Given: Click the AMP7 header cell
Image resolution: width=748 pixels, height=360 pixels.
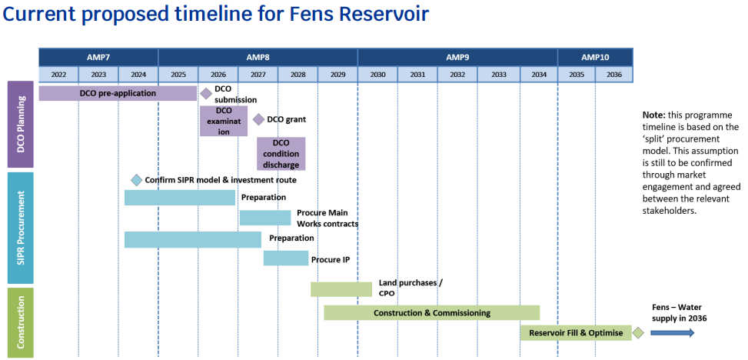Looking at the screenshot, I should [98, 57].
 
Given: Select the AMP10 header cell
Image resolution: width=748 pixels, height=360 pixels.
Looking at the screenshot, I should [595, 57].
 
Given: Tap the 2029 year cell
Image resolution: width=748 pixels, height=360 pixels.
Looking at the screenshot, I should [337, 75].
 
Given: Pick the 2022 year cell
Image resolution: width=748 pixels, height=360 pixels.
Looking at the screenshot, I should [58, 75].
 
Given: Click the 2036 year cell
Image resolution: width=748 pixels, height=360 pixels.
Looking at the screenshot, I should [613, 75].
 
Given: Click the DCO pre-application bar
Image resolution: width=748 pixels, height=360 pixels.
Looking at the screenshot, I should [118, 93].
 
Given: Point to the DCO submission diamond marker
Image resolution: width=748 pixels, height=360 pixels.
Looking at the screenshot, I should [206, 93].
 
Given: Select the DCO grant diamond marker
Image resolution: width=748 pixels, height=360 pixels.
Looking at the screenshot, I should [258, 119].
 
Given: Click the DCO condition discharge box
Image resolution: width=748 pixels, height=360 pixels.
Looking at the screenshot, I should [281, 154].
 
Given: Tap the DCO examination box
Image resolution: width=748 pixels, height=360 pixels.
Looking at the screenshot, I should [224, 121].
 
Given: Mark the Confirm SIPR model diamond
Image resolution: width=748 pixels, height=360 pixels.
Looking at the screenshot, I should [136, 180].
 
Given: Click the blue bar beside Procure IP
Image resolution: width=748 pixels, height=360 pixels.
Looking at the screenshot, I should [285, 258].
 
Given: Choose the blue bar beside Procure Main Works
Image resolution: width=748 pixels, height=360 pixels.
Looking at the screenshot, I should [264, 218].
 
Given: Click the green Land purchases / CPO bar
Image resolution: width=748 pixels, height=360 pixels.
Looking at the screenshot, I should [341, 289].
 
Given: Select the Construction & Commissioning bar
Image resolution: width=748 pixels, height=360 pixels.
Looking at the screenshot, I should [431, 313].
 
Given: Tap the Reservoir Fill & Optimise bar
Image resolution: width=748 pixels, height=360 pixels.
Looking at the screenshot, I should [576, 333].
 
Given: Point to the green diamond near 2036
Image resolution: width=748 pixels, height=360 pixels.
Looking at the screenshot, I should [637, 333].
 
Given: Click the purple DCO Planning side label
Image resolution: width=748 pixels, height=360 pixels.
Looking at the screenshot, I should [21, 124].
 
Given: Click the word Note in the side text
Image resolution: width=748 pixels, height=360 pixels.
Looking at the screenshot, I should [654, 115].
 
